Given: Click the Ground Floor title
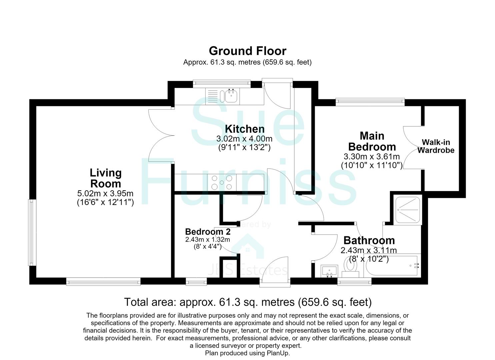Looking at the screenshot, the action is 247,51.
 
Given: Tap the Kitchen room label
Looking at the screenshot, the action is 245,129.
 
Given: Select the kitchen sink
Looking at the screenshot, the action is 231,96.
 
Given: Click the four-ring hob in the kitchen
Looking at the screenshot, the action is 222,182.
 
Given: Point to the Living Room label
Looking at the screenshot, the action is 106,178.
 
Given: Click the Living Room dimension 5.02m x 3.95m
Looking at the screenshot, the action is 105,194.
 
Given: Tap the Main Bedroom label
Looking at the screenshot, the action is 372,141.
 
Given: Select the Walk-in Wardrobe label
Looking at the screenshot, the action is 436,146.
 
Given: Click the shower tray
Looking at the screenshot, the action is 408,210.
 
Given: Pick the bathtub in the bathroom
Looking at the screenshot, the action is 392,265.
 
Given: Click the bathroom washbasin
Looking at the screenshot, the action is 329,271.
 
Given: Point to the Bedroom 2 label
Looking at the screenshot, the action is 208,232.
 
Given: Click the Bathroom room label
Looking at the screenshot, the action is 369,241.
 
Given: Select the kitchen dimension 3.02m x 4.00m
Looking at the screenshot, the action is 244,139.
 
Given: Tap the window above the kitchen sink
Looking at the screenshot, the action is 222,83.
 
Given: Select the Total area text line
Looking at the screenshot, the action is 248,302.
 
